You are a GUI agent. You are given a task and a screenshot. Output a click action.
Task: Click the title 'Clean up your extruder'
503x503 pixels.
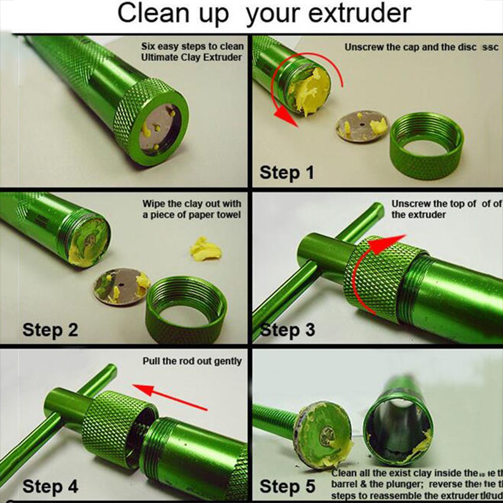click(263, 15)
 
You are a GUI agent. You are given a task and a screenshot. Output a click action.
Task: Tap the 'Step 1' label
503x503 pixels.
click(286, 172)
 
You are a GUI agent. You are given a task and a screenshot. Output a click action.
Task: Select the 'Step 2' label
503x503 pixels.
click(50, 330)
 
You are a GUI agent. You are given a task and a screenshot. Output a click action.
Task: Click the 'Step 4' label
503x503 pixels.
click(50, 486)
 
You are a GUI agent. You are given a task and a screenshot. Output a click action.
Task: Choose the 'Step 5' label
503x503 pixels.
click(287, 486)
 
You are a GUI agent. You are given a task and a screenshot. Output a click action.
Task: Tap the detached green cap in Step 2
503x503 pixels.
click(186, 312)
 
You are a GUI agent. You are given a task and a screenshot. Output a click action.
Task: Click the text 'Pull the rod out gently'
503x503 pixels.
click(192, 361)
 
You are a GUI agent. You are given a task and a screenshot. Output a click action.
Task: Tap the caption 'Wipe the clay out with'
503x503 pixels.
click(191, 204)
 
